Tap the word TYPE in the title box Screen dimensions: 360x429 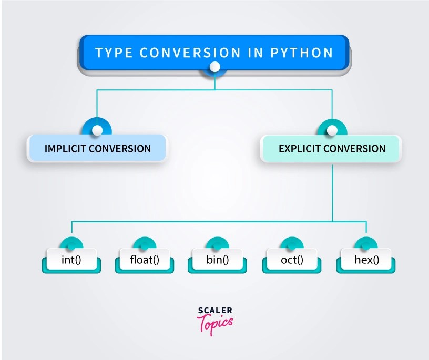click(x=113, y=53)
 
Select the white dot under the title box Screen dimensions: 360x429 click(x=214, y=67)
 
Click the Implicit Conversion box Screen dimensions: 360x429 click(x=97, y=148)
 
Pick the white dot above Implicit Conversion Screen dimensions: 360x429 click(x=97, y=130)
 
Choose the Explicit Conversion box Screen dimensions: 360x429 click(x=332, y=148)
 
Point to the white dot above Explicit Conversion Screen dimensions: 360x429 click(x=332, y=130)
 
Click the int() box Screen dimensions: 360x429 click(x=71, y=259)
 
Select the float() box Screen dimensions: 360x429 click(x=145, y=259)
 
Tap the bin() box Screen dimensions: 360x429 click(x=218, y=259)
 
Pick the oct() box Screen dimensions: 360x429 click(x=291, y=259)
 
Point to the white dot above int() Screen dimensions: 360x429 click(x=71, y=245)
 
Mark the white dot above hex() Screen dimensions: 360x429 click(x=366, y=245)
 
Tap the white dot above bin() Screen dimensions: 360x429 click(x=218, y=245)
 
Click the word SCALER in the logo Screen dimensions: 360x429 click(x=214, y=311)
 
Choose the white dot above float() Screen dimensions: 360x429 click(x=145, y=245)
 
